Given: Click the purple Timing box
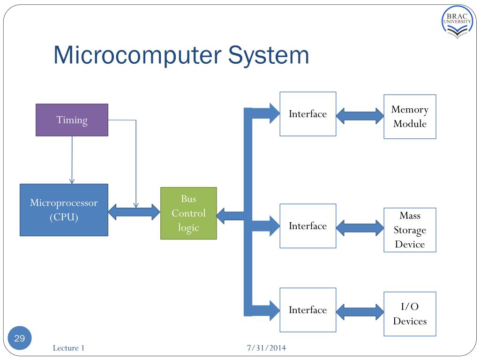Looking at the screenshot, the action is click(x=72, y=120).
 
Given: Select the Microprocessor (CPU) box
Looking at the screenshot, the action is click(x=64, y=210).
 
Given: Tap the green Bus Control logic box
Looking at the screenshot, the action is click(x=188, y=213).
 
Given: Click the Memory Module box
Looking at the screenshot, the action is click(x=410, y=117).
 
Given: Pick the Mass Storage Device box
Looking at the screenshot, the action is click(x=410, y=230).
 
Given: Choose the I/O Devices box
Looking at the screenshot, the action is click(x=410, y=314).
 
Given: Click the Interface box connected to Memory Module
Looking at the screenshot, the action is click(x=308, y=114).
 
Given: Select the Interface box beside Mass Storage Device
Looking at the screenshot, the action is click(x=308, y=226).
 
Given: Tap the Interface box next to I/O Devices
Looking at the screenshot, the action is click(x=308, y=310).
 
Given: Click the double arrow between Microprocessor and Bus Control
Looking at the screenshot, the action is click(x=135, y=212).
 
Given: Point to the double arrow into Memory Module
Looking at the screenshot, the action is click(x=360, y=116).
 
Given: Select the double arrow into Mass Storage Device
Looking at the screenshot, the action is click(x=360, y=228).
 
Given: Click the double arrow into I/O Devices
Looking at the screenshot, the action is click(x=360, y=312).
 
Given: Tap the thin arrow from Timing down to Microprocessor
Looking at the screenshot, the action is click(x=72, y=160).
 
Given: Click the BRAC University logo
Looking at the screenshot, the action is click(x=457, y=22).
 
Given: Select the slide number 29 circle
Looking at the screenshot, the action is click(x=20, y=338).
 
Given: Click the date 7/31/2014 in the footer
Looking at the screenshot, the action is click(x=266, y=348).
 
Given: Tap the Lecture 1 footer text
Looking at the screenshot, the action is click(x=68, y=348).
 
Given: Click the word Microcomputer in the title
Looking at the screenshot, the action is click(x=137, y=55).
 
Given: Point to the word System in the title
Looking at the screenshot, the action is click(x=269, y=56).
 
